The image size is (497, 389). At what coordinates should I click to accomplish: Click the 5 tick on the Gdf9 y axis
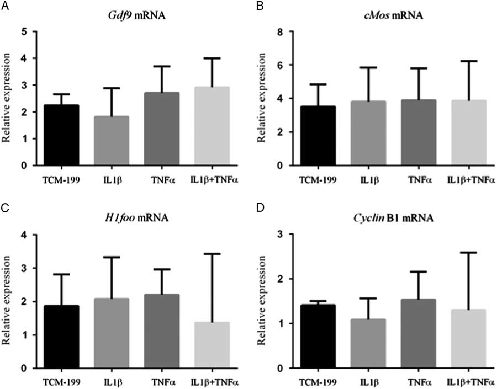pos(24,31)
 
